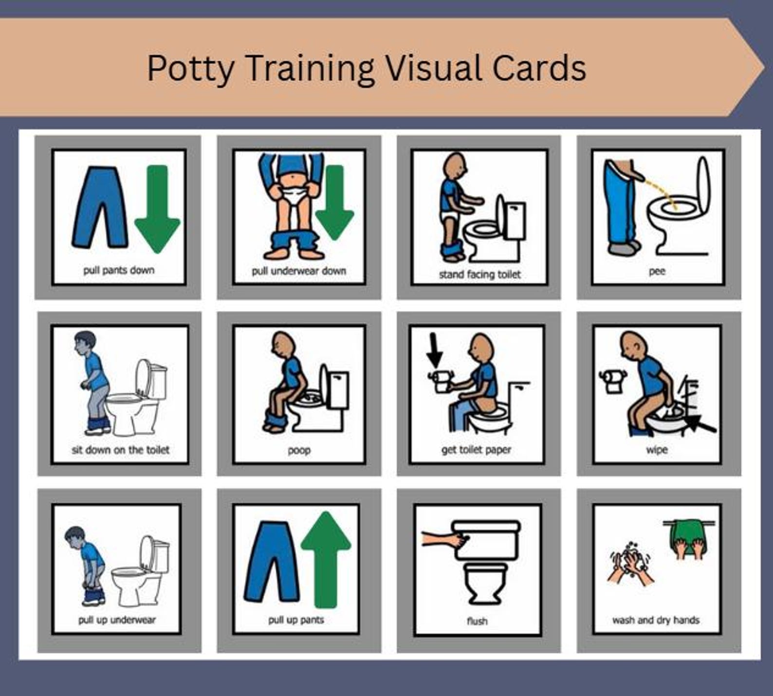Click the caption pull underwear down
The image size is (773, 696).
tap(298, 271)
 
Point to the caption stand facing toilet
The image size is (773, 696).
tap(479, 275)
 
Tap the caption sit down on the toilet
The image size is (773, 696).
tap(120, 450)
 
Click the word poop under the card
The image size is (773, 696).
tap(299, 450)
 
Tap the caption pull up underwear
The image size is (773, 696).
tap(117, 620)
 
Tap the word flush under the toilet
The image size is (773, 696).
tap(477, 621)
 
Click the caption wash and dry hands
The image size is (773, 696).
tap(656, 620)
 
